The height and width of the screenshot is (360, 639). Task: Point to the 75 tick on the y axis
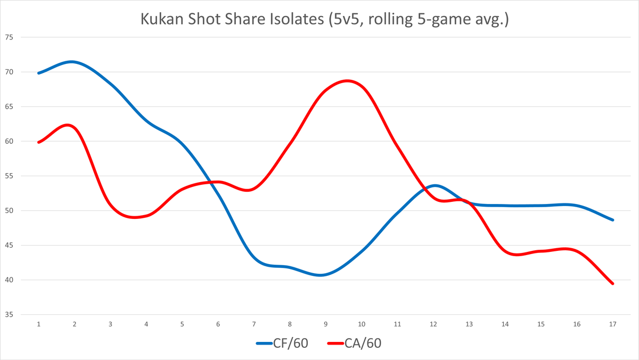coord(9,37)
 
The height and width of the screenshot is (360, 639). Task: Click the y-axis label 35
coord(9,315)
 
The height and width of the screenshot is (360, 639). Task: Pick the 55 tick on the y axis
coord(9,176)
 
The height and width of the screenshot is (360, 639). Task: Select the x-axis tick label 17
coord(612,324)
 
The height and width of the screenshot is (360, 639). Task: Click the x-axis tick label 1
coord(39,324)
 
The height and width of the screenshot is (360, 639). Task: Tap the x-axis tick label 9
coord(326,324)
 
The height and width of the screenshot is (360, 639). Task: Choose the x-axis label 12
coord(433,324)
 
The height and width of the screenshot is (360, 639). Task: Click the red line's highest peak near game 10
coord(347,81)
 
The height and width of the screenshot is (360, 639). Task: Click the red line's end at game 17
coord(612,283)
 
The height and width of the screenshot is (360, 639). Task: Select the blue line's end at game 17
coord(612,219)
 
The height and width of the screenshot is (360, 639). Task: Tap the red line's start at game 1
coord(39,142)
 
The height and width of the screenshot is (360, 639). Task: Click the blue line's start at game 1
coord(39,73)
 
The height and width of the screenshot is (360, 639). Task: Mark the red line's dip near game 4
coord(136,217)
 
